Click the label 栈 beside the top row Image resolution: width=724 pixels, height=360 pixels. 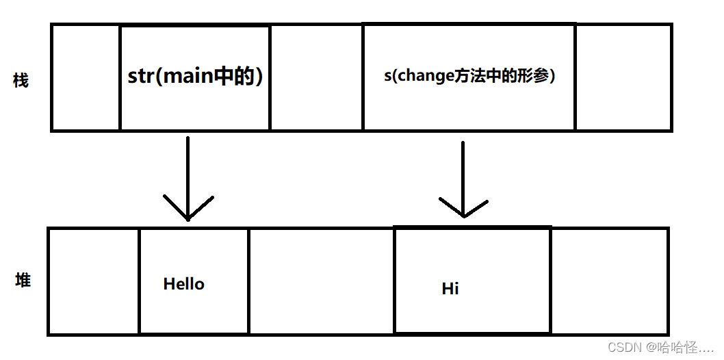[x=21, y=81]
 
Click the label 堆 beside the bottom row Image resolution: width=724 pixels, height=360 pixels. [x=23, y=280]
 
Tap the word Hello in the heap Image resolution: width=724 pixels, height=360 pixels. [x=183, y=284]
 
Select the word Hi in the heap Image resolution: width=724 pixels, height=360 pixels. [x=450, y=289]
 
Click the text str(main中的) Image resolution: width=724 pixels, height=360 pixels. [x=195, y=76]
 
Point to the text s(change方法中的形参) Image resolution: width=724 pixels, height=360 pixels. [x=469, y=76]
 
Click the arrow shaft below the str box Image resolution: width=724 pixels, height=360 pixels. [x=188, y=171]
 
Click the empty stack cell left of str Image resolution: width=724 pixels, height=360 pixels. [x=86, y=77]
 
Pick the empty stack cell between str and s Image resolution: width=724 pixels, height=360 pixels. [x=316, y=77]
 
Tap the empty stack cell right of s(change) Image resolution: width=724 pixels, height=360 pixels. [x=623, y=77]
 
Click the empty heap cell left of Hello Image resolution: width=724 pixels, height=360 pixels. [x=94, y=281]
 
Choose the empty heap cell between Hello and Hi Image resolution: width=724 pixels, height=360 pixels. [x=321, y=281]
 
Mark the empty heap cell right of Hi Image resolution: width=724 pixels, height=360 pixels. [x=609, y=281]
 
